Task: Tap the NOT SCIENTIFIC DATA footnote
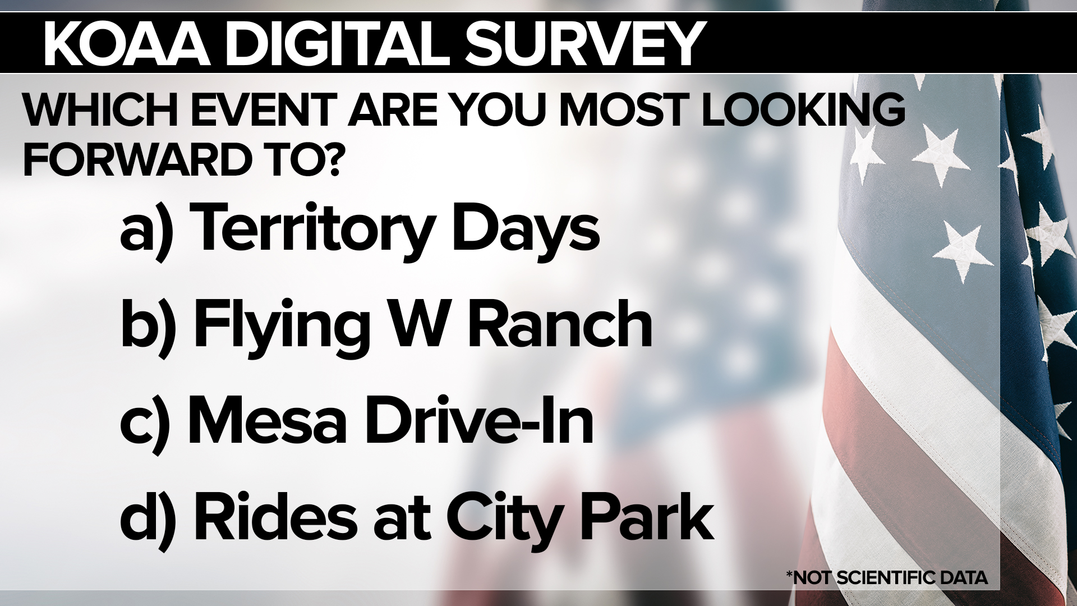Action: tap(886, 577)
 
